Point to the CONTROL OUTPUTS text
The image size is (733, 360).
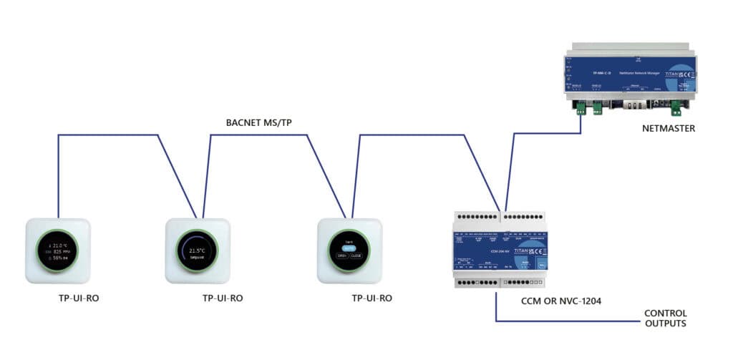[x=666, y=318]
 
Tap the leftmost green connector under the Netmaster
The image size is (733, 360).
[x=580, y=108]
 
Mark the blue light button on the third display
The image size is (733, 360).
[x=350, y=248]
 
